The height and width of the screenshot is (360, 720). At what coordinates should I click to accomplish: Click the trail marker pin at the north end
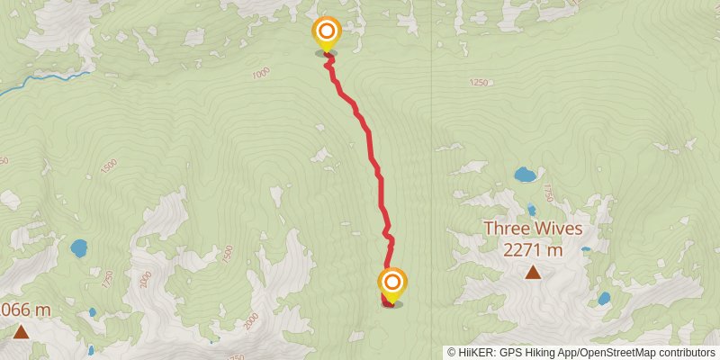pos(326,35)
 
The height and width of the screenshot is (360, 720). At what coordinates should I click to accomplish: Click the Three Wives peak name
pos(532,229)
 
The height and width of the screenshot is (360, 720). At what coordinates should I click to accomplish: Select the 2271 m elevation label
pos(533,251)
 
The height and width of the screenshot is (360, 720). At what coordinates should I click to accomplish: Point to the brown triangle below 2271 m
pos(533,273)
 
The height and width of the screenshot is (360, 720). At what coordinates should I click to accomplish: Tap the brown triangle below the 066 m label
pos(21,331)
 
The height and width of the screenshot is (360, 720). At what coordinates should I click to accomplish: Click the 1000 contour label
pos(261,74)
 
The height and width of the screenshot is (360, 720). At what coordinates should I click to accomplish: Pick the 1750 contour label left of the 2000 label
pos(108,279)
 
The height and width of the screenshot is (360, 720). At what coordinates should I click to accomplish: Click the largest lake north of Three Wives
pos(523,174)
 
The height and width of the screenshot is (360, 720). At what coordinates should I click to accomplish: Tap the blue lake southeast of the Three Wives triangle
pos(603,298)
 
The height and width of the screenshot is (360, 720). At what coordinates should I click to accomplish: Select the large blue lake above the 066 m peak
pos(79,246)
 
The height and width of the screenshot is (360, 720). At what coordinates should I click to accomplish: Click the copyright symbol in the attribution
pos(452,353)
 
